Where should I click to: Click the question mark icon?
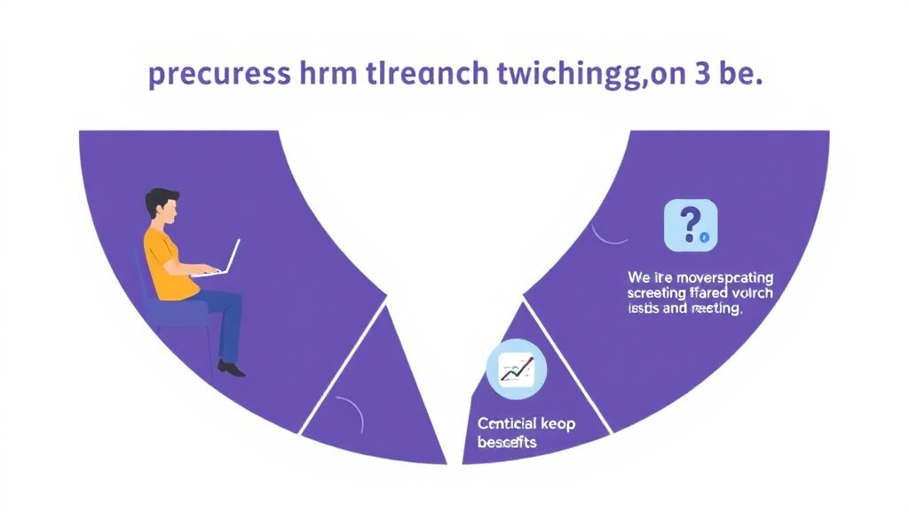click(x=690, y=225)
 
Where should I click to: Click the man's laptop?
click(x=221, y=260)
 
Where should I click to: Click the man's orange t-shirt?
click(x=167, y=261)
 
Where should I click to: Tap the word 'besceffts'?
click(x=507, y=442)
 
